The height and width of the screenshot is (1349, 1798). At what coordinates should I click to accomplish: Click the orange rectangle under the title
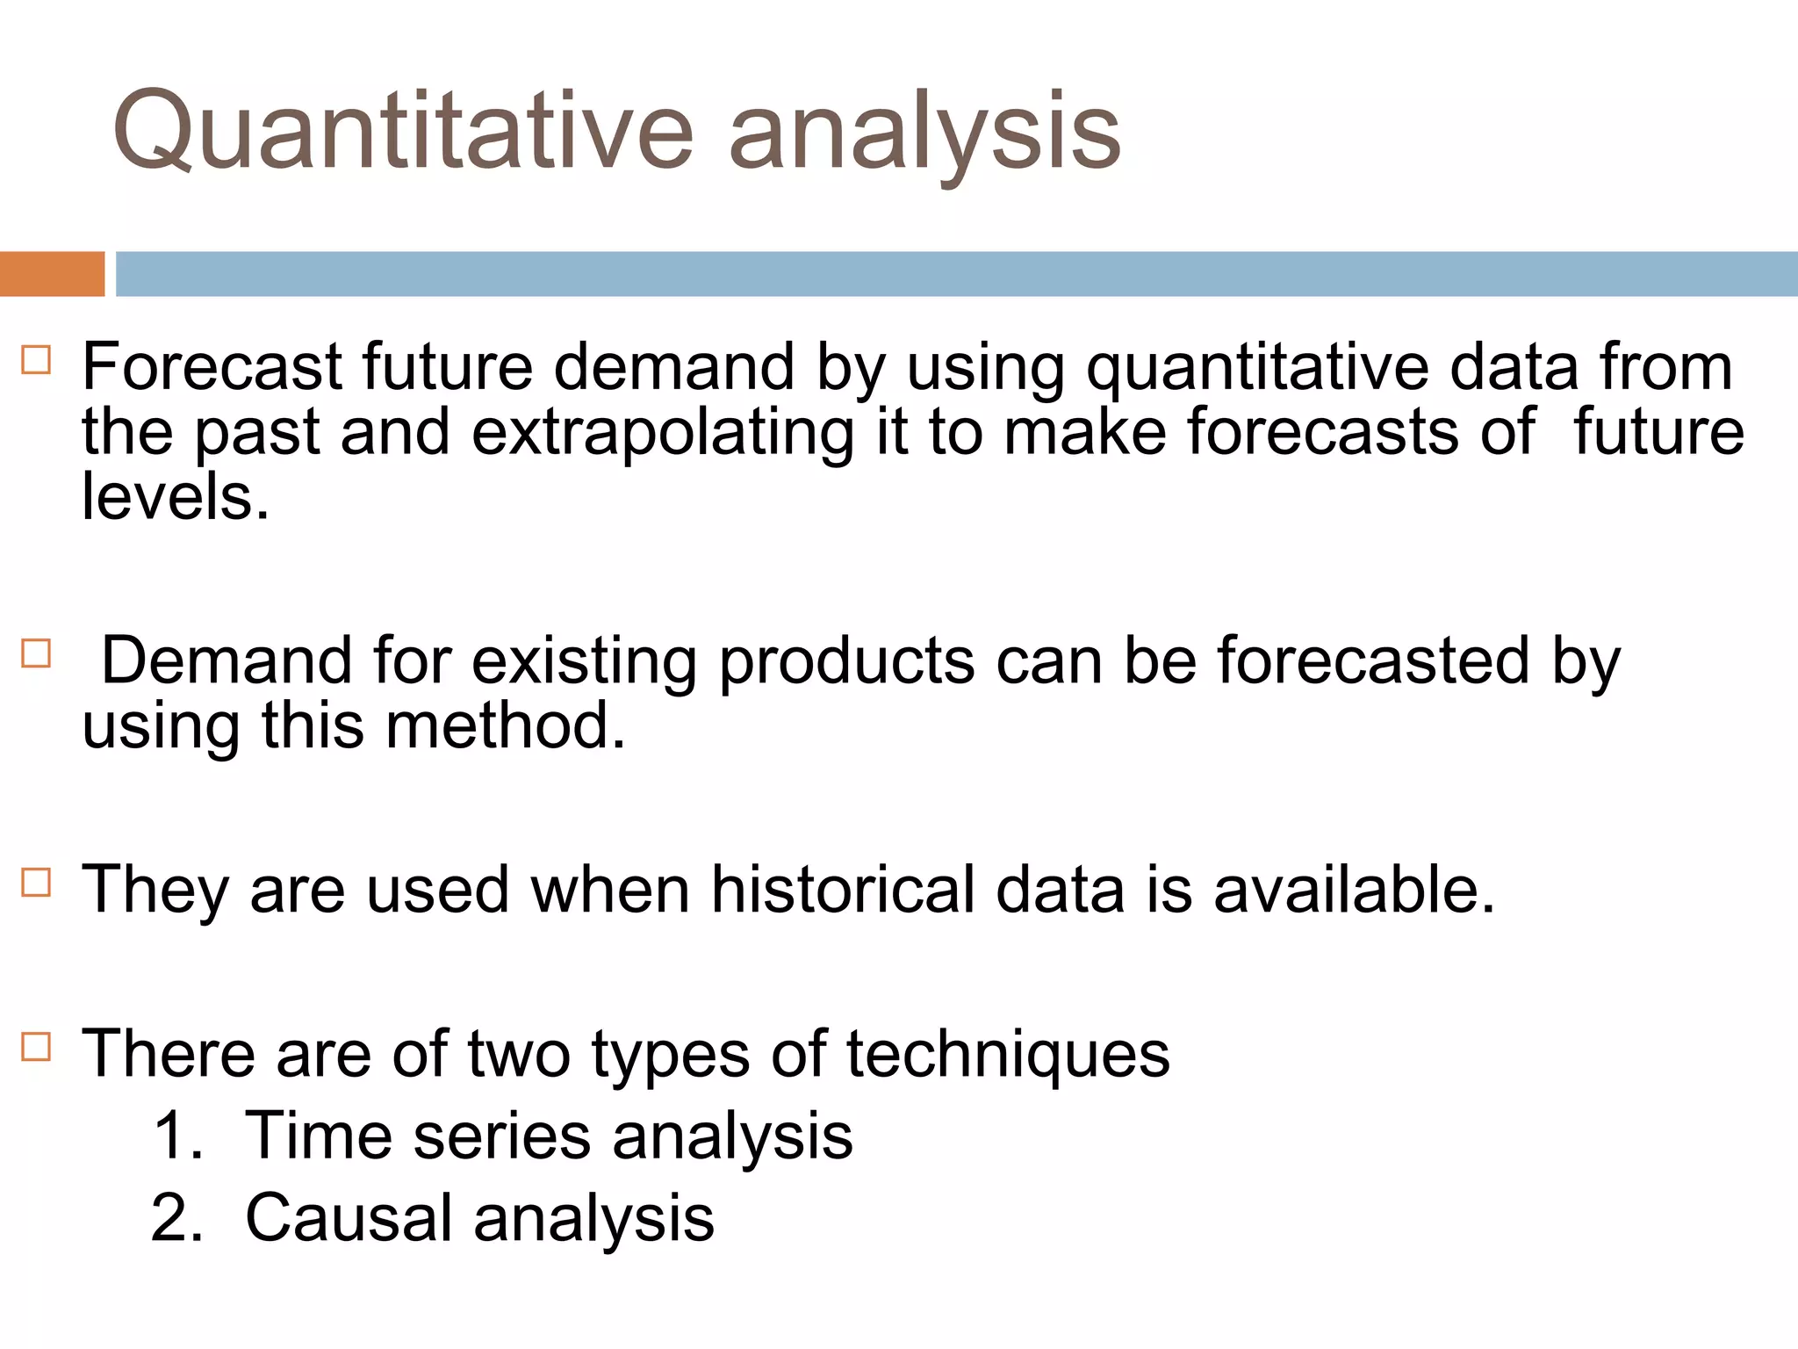52,274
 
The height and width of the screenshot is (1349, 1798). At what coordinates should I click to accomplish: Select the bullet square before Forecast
36,360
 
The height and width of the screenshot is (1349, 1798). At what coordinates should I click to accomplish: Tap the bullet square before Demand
36,653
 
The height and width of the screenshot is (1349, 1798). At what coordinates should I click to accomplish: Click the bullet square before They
36,881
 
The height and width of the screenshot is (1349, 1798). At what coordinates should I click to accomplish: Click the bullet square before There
36,1046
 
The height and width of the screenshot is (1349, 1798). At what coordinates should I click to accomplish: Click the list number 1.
176,1136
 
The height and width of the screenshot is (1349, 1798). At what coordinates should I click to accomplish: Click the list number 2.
176,1218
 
